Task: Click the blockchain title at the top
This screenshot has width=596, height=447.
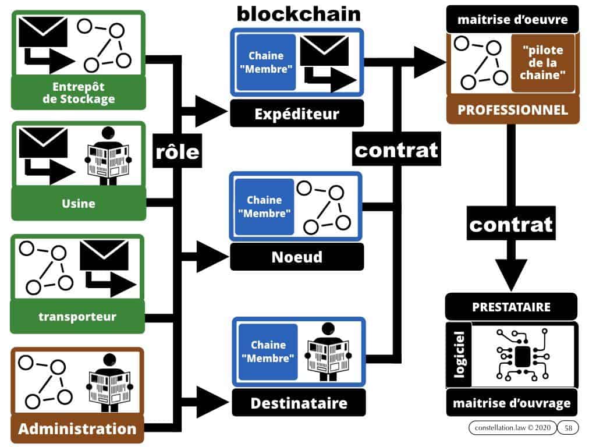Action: pos(299,13)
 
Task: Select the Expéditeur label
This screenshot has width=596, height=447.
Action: pos(297,113)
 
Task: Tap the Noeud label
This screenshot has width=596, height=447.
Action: pos(297,257)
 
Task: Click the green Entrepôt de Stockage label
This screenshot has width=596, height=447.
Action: pos(79,93)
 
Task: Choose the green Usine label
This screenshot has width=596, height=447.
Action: pos(79,204)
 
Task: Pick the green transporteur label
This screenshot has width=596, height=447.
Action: pos(77,317)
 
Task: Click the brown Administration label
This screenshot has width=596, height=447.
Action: pos(77,430)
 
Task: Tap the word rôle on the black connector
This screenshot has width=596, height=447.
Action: pos(178,152)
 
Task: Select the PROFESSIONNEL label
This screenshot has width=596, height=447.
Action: pos(513,110)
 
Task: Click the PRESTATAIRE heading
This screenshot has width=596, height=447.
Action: pos(511,306)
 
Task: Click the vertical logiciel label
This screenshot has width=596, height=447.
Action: pos(460,355)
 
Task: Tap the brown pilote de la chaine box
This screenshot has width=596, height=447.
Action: pos(542,62)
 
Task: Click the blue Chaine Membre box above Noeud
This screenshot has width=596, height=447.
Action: pos(265,207)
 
